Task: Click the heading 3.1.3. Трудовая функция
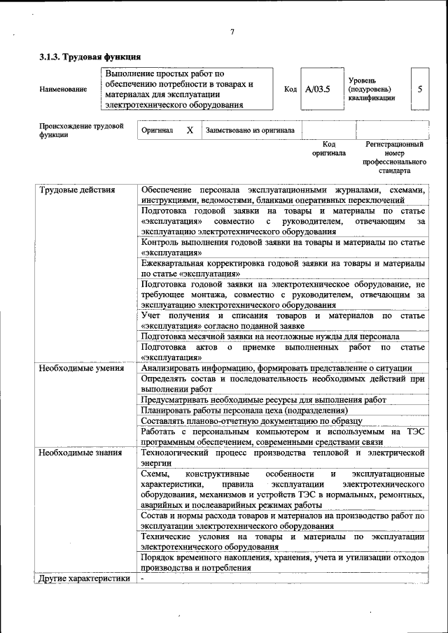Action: tap(90, 57)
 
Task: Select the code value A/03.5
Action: tap(318, 89)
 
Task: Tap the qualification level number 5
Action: tap(420, 89)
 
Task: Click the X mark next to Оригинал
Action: tap(190, 130)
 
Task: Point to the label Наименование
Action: tap(64, 89)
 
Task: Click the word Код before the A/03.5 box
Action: tap(290, 89)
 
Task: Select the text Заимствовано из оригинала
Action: tap(250, 130)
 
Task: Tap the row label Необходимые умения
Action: tap(82, 368)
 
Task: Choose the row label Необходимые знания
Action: tap(80, 453)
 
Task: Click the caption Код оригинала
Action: tap(329, 148)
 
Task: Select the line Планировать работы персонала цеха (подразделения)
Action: tap(244, 410)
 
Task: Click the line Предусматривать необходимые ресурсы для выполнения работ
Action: tap(263, 399)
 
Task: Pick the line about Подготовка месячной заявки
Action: tap(270, 336)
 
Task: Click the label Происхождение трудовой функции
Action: tap(81, 130)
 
